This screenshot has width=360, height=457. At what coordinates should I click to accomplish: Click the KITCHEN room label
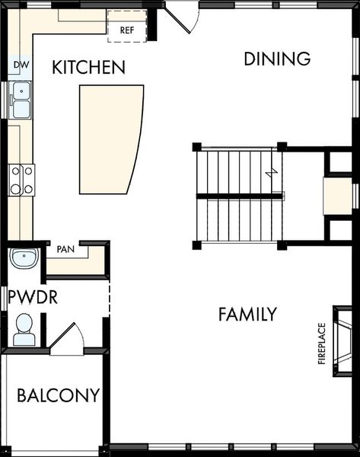88,68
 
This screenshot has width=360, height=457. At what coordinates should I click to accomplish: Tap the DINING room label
277,59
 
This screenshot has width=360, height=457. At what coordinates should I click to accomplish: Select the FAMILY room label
247,314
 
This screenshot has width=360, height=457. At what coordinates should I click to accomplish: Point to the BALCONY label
59,396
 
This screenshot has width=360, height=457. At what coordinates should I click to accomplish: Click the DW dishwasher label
21,66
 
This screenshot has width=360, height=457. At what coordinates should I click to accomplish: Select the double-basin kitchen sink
21,100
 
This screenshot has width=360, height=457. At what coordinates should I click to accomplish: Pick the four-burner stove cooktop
21,180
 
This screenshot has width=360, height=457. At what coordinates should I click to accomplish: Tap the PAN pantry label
65,248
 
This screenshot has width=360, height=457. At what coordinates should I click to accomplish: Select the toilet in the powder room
24,329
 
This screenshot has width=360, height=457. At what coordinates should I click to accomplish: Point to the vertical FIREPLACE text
321,344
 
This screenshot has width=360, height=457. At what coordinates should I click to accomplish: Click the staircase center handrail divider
240,197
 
